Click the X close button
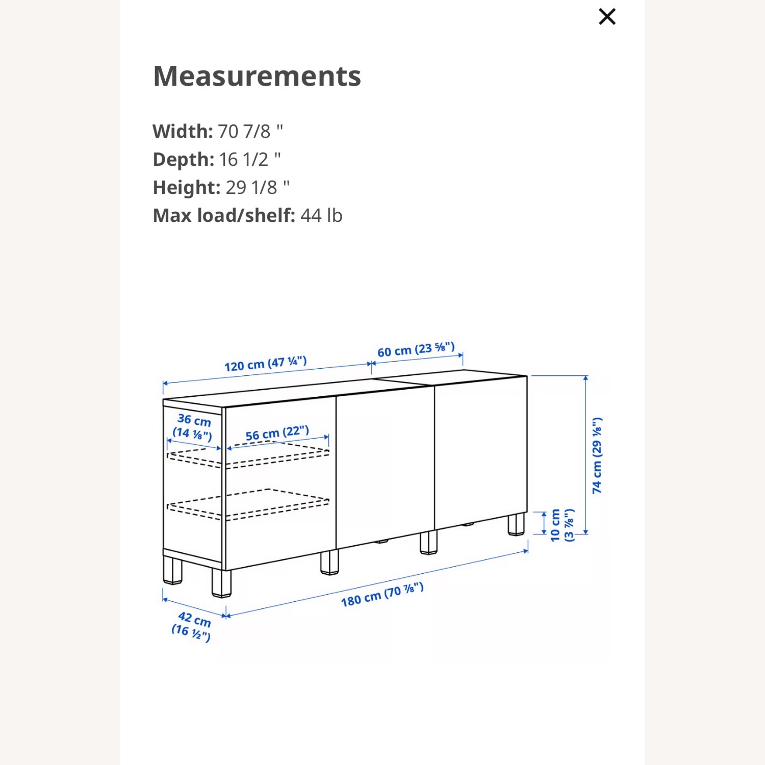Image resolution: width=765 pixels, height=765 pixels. [607, 17]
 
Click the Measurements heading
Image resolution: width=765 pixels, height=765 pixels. [257, 76]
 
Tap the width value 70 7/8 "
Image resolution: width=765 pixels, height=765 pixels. [250, 132]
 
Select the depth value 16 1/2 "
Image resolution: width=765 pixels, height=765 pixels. [250, 160]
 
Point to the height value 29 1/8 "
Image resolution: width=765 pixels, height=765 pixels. [258, 188]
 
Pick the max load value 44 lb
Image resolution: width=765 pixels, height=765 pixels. [321, 216]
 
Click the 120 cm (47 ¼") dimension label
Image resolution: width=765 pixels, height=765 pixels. [265, 364]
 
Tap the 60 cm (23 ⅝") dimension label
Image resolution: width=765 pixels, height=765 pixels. [416, 350]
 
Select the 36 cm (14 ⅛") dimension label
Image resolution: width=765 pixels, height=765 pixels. [193, 427]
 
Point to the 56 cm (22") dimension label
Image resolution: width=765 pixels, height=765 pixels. [277, 433]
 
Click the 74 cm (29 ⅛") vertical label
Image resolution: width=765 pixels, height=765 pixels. [597, 455]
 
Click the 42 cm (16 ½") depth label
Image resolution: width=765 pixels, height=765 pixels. [192, 626]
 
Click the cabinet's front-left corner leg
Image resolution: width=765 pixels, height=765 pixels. [221, 583]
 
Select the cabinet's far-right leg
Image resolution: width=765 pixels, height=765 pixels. [516, 524]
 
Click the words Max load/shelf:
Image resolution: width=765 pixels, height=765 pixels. [224, 216]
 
